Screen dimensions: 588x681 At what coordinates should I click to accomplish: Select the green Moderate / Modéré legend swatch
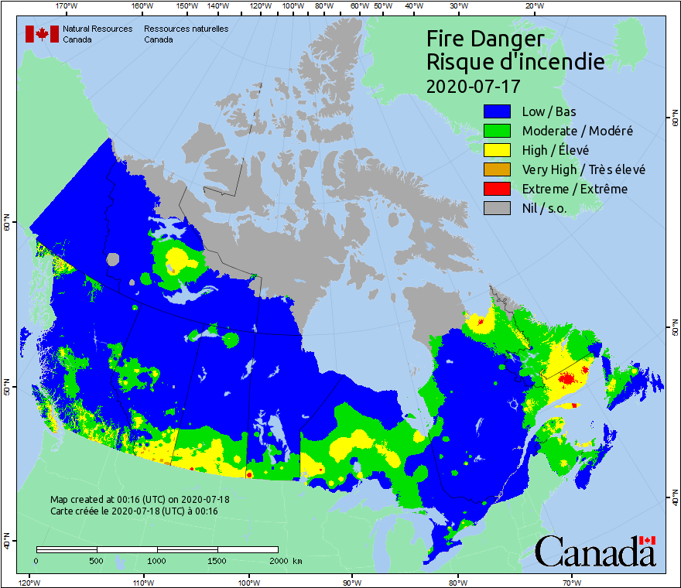point(498,131)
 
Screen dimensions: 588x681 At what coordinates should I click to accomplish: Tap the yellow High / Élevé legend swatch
point(498,150)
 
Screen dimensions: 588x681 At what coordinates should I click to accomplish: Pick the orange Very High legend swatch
point(498,169)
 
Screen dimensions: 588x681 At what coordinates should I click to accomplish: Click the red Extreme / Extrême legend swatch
point(498,189)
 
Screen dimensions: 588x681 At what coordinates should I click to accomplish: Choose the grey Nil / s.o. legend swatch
point(498,208)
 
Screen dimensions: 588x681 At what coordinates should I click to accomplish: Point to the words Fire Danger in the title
point(486,39)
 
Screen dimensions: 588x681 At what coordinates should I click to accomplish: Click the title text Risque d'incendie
point(515,62)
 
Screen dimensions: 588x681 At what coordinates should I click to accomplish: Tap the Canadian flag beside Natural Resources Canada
point(42,34)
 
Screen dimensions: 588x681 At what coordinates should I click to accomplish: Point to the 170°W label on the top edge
point(67,6)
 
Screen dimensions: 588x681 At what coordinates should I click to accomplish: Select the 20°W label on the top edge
point(532,6)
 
